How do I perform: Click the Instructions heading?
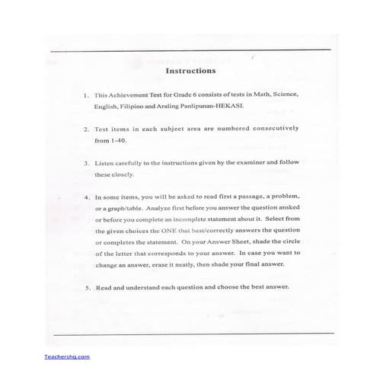pos(190,70)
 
